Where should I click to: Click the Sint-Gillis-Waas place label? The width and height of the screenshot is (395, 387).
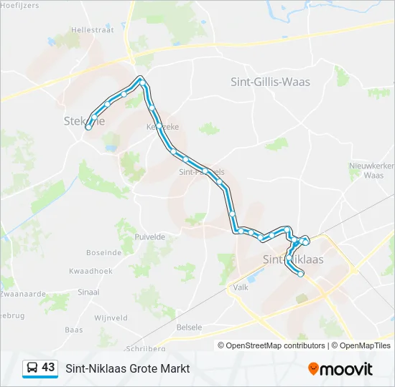[x=270, y=82]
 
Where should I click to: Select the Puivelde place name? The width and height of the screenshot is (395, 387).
[x=150, y=236]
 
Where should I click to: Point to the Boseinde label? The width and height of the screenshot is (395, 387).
[x=103, y=252]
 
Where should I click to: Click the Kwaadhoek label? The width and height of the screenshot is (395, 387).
[x=90, y=272]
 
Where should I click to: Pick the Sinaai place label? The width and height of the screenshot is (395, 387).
[x=88, y=292]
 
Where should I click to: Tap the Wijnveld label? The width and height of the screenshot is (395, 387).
[x=111, y=317]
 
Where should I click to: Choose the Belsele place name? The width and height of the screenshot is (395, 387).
[x=189, y=327]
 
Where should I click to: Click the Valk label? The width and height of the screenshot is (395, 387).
[x=240, y=287]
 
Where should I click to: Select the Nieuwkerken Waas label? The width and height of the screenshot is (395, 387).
[x=371, y=170]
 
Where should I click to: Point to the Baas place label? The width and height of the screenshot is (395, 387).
[x=74, y=330]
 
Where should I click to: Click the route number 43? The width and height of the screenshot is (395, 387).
[x=48, y=368]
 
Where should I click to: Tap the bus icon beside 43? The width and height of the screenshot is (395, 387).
[x=32, y=368]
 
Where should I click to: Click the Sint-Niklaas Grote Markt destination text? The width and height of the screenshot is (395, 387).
[x=128, y=368]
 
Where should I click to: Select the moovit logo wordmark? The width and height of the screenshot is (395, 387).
[x=346, y=369]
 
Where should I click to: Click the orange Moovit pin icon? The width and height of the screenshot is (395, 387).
[x=313, y=368]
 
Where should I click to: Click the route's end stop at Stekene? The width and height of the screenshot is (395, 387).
[x=88, y=127]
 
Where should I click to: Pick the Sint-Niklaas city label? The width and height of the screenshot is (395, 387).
[x=293, y=259]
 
